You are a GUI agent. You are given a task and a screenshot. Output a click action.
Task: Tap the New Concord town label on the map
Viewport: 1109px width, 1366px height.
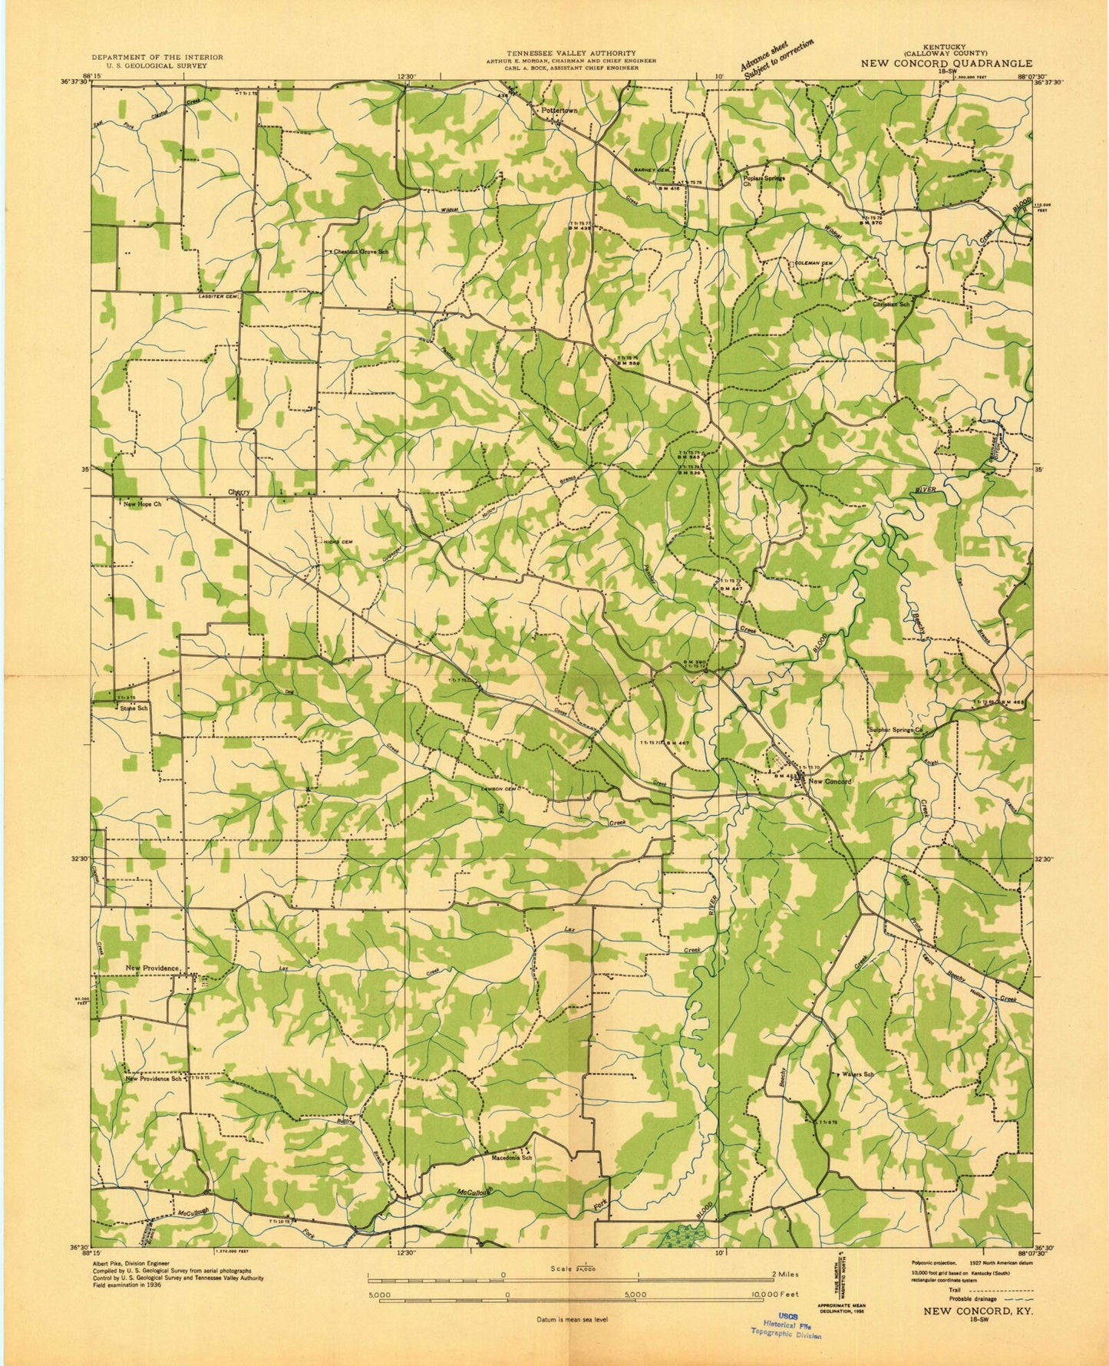coord(830,781)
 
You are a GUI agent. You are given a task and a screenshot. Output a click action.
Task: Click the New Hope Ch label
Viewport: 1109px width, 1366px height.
coord(143,505)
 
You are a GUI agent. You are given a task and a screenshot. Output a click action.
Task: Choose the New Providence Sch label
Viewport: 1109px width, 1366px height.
coord(154,1078)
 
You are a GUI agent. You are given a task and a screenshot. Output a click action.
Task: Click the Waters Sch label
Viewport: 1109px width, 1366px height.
coord(858,1074)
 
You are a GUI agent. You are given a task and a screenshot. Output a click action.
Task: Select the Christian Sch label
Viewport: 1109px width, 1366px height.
coord(891,305)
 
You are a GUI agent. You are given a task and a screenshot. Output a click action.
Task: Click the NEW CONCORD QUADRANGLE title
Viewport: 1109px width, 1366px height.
coord(946,64)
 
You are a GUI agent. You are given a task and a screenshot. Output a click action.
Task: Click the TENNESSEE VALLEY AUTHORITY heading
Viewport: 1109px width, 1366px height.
coord(570,53)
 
